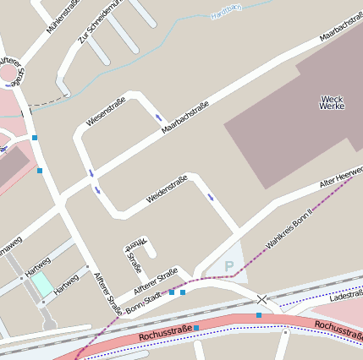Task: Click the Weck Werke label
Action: pos(332,103)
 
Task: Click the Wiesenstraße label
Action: pos(106,112)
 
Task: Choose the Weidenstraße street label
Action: pos(166,188)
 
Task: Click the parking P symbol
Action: pos(228,266)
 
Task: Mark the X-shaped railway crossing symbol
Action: pos(262,299)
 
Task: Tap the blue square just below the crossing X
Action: pos(259,315)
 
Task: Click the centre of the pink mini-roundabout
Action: pos(11,74)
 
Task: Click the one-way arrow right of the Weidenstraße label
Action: pos(210,197)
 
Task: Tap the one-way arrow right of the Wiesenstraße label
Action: pos(158,117)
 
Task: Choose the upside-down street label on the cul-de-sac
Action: pos(134,255)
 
